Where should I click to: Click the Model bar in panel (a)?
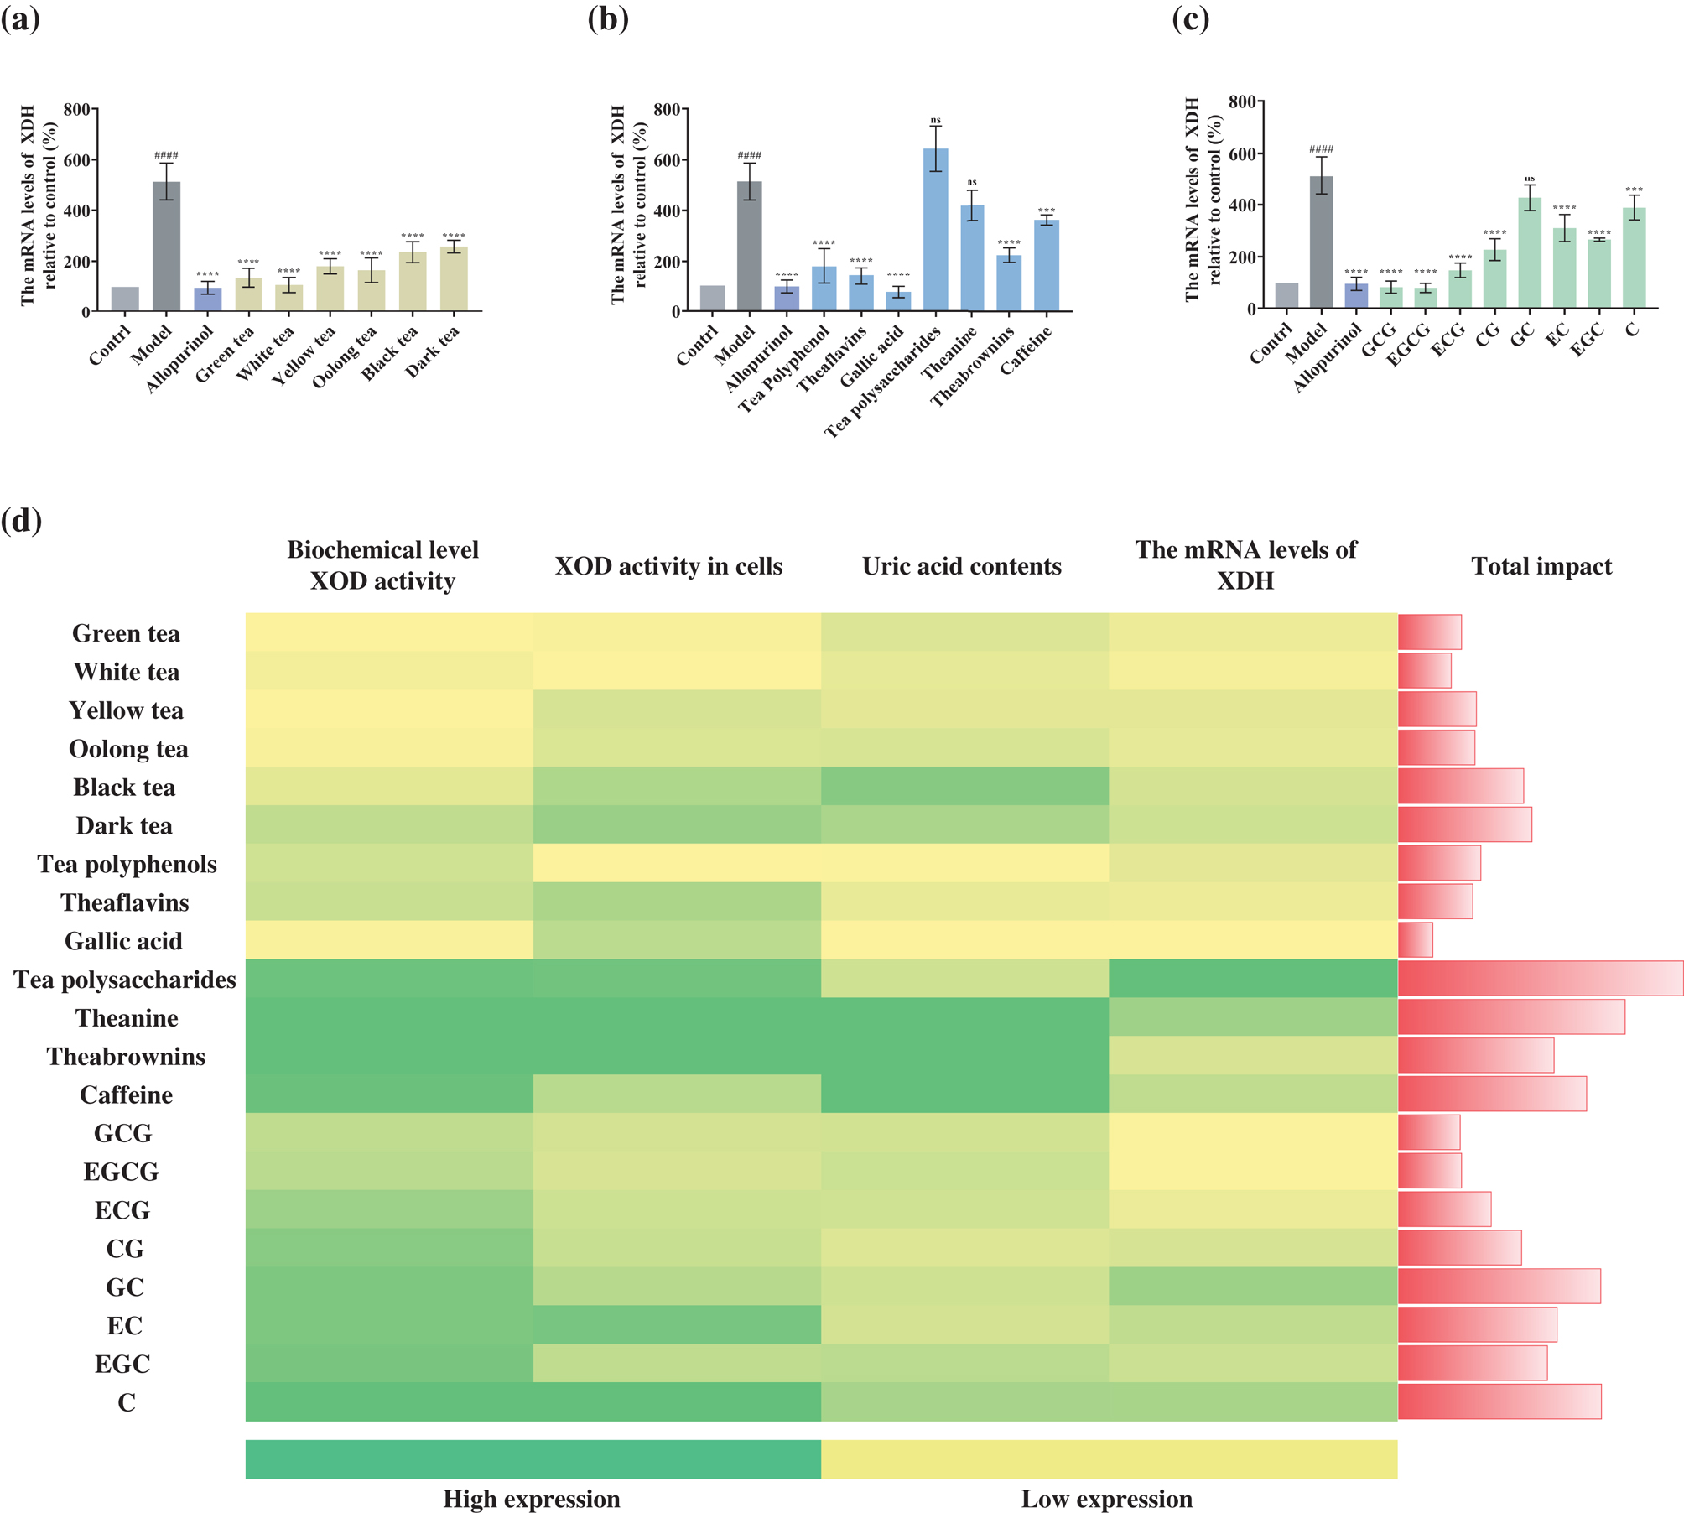click(166, 247)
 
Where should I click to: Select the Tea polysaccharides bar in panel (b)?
click(935, 230)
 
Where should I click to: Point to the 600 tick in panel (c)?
click(1241, 153)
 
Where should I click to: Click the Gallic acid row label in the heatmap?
click(123, 941)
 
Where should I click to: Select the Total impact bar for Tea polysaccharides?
click(1540, 979)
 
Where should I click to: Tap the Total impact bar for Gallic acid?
click(1415, 940)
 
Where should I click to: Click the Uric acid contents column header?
click(961, 566)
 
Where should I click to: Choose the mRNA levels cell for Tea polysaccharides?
click(1252, 979)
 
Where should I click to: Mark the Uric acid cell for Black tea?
click(964, 787)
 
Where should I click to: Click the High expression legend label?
click(532, 1499)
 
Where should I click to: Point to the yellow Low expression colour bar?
click(1109, 1459)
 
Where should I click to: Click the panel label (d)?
click(21, 521)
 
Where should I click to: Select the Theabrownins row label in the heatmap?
click(126, 1056)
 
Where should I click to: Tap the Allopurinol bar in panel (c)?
click(1355, 296)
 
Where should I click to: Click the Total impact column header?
click(1541, 566)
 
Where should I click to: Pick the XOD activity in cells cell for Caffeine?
click(677, 1094)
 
